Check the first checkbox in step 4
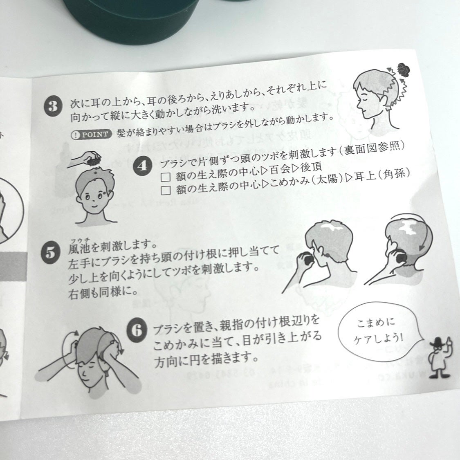166,177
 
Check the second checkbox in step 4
166,190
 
